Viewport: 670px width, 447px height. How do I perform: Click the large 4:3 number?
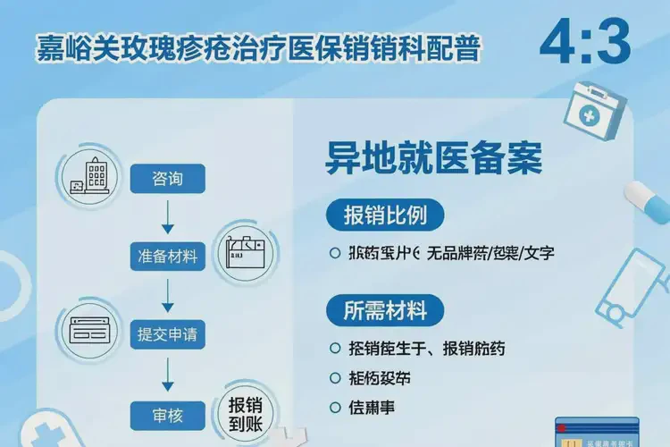585,40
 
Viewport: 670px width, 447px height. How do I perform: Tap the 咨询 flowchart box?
167,179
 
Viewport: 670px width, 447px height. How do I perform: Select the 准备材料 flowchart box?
167,257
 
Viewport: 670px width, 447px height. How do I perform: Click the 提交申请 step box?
167,335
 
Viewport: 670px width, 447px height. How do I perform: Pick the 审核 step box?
167,413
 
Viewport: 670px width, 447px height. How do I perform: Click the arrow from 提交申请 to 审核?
167,374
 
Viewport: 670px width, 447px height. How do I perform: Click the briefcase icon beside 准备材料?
246,250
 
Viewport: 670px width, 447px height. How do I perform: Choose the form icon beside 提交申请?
89,328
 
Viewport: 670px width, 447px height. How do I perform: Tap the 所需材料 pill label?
386,310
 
